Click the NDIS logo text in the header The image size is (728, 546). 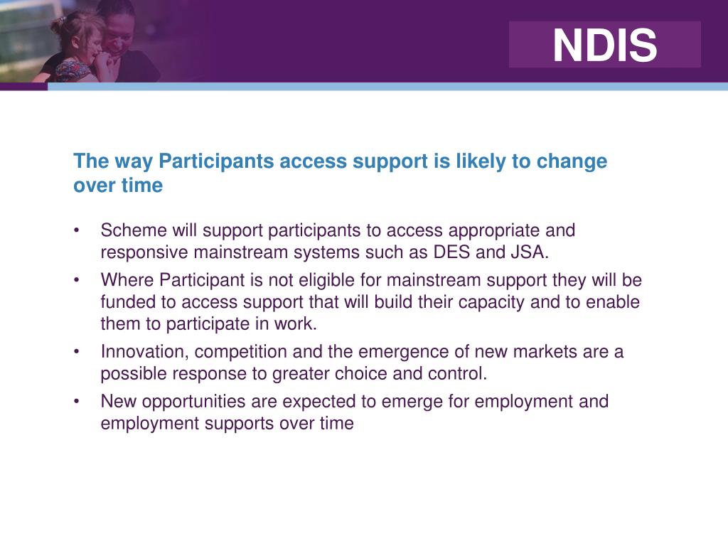click(x=605, y=45)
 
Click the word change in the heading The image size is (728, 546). click(x=572, y=161)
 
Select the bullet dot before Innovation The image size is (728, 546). click(x=77, y=353)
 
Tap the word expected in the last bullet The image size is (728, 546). click(x=320, y=402)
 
